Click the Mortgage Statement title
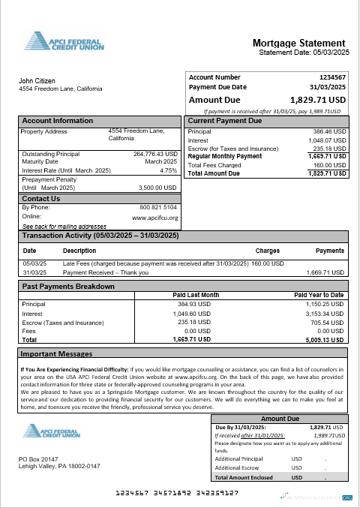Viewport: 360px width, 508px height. pyautogui.click(x=298, y=43)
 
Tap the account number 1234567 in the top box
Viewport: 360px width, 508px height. pyautogui.click(x=332, y=77)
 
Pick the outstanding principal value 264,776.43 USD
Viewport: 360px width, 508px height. pyautogui.click(x=154, y=154)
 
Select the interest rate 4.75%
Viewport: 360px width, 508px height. pyautogui.click(x=169, y=170)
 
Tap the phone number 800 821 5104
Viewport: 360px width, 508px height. pyautogui.click(x=158, y=207)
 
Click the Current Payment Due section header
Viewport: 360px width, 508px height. pyautogui.click(x=224, y=120)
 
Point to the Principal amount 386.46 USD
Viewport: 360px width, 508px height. pyautogui.click(x=329, y=131)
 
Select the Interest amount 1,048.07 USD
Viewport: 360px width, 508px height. pyautogui.click(x=328, y=140)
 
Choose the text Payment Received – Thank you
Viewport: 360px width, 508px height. pyautogui.click(x=105, y=272)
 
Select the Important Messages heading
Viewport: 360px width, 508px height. pyautogui.click(x=56, y=353)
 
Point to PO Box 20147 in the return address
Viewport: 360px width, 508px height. pyautogui.click(x=40, y=458)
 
